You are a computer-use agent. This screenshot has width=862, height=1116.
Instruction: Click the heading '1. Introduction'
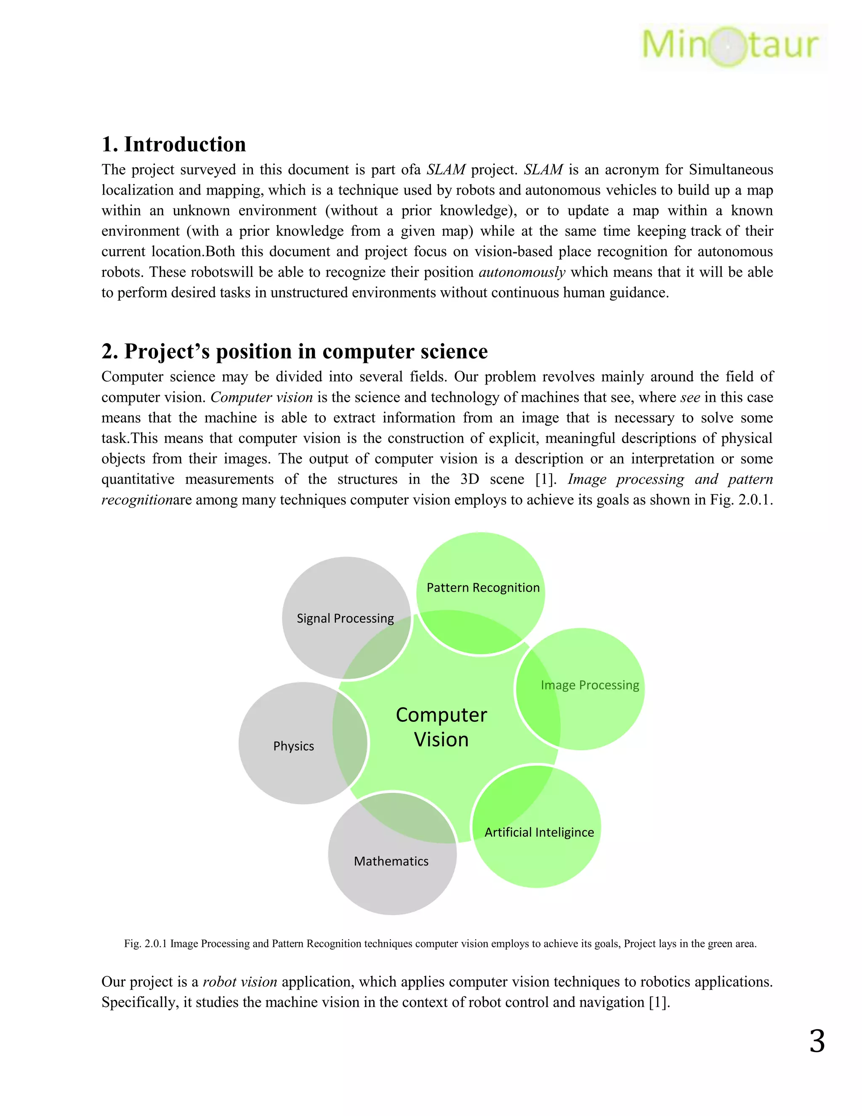point(174,144)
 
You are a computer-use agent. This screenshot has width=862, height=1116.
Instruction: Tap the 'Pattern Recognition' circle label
point(483,587)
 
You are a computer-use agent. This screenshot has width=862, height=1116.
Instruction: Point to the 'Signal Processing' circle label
point(345,618)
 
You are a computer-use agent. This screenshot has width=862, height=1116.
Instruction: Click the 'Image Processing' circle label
point(590,685)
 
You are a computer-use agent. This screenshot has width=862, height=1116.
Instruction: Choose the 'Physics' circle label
point(294,746)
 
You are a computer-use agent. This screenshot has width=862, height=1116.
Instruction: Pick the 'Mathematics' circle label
point(391,861)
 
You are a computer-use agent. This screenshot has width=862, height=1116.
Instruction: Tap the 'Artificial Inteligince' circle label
point(539,833)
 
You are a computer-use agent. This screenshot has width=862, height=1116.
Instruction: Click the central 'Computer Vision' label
point(441,727)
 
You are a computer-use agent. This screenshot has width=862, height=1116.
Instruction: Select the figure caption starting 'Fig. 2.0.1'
point(440,944)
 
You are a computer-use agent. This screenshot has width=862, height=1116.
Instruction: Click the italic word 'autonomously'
point(522,272)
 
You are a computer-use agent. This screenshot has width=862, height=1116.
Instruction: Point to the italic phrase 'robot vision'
point(240,982)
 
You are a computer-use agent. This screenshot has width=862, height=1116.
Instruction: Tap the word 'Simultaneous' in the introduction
point(731,170)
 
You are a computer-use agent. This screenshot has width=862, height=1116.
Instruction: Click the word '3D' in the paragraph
point(469,479)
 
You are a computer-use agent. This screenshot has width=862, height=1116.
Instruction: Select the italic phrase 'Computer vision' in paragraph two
point(261,398)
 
